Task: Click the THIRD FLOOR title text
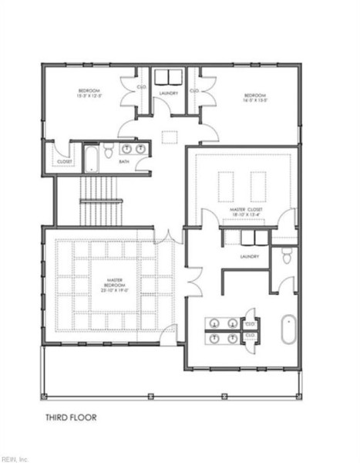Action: click(70, 419)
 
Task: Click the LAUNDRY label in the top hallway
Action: click(169, 93)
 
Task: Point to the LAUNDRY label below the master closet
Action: click(248, 256)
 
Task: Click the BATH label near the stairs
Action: click(124, 162)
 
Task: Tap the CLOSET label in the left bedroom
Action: click(63, 161)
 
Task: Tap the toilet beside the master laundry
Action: click(287, 256)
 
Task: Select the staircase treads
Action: click(101, 198)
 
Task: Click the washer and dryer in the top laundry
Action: click(169, 77)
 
